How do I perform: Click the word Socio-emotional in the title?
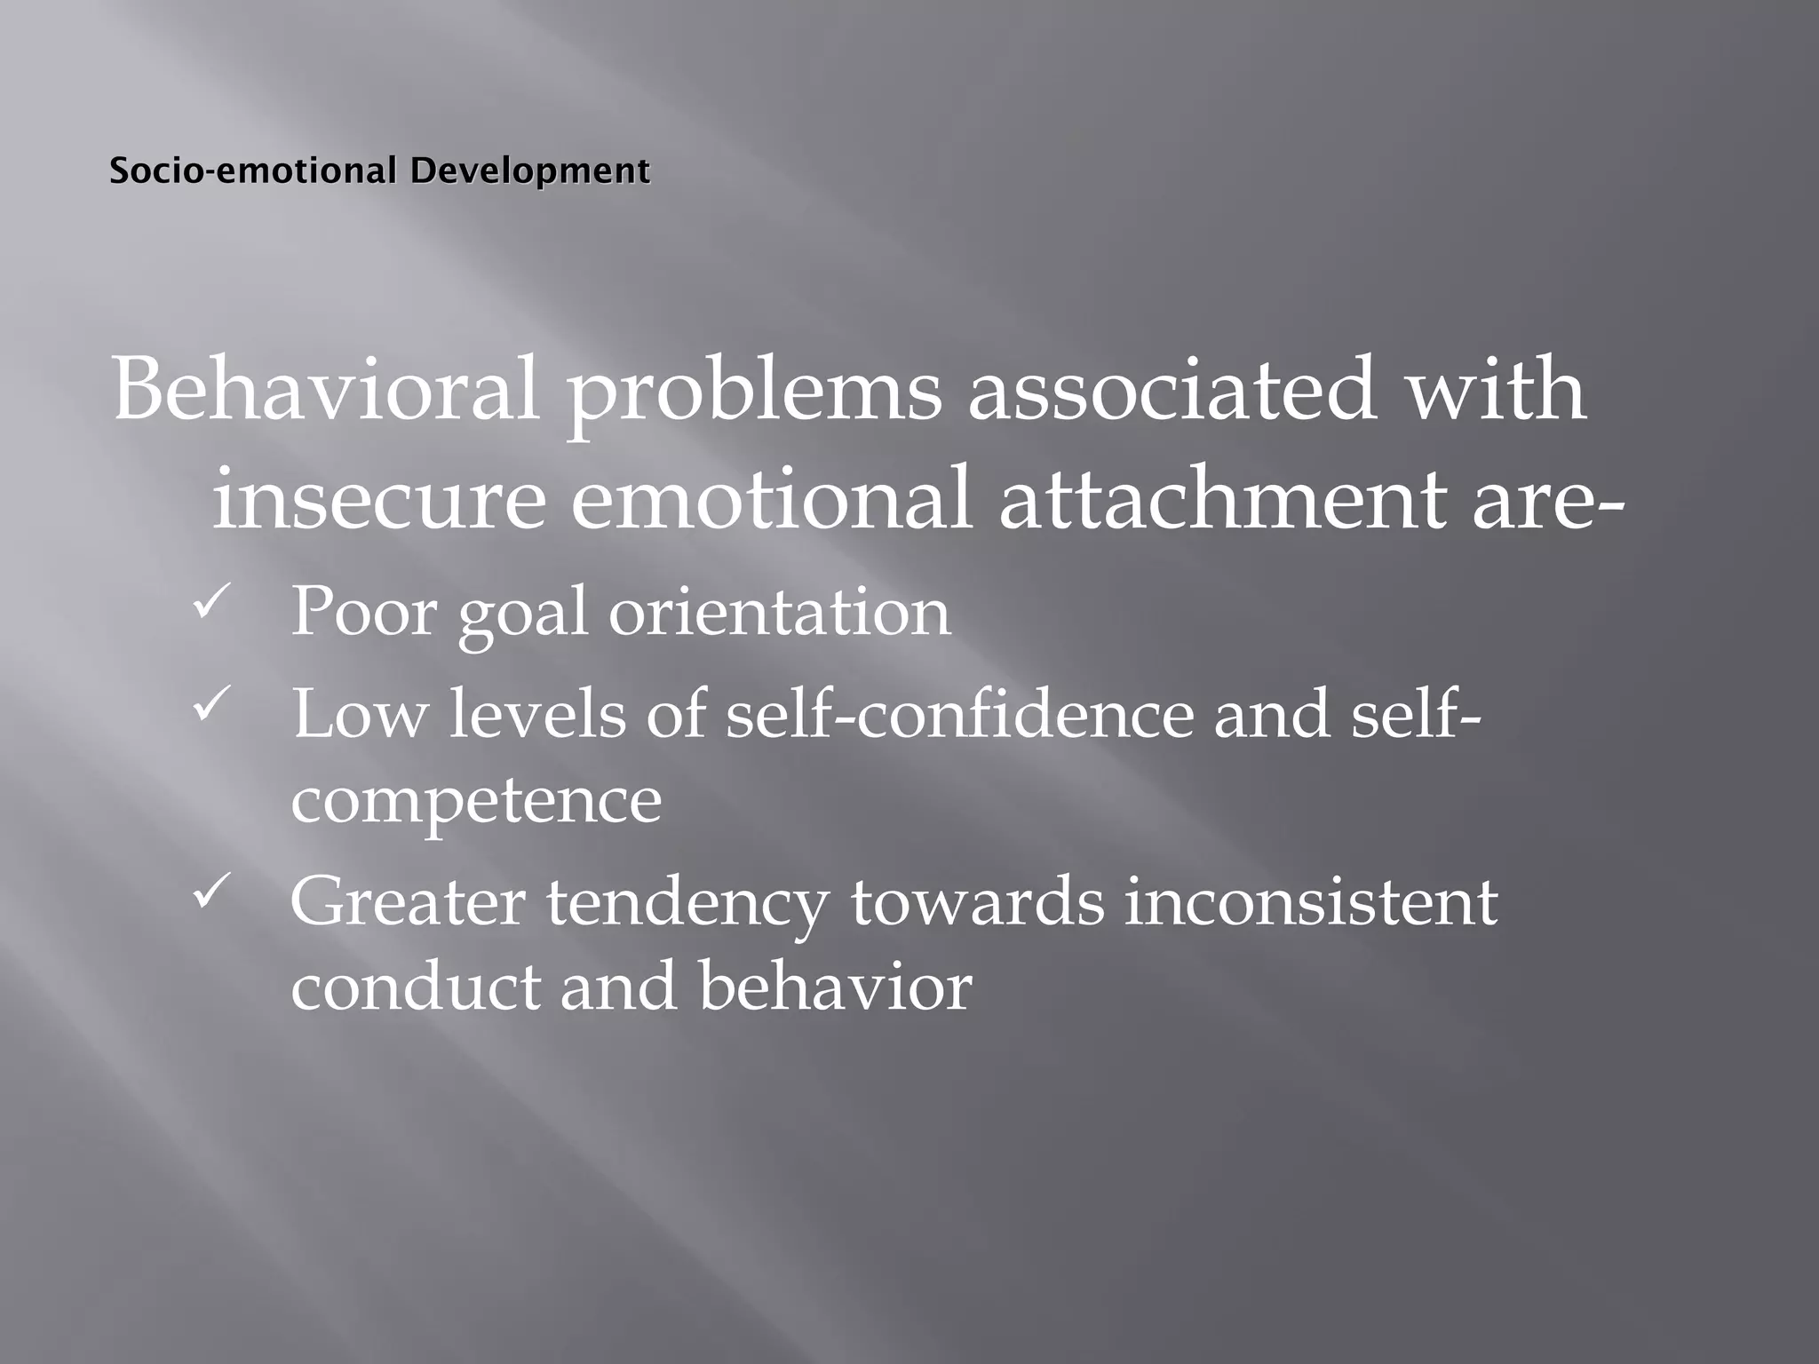point(251,170)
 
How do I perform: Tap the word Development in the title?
point(529,170)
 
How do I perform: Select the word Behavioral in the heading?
point(325,391)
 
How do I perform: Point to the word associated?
point(1172,391)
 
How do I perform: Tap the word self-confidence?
point(960,714)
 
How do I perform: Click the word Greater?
point(408,902)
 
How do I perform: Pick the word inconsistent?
point(1311,902)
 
